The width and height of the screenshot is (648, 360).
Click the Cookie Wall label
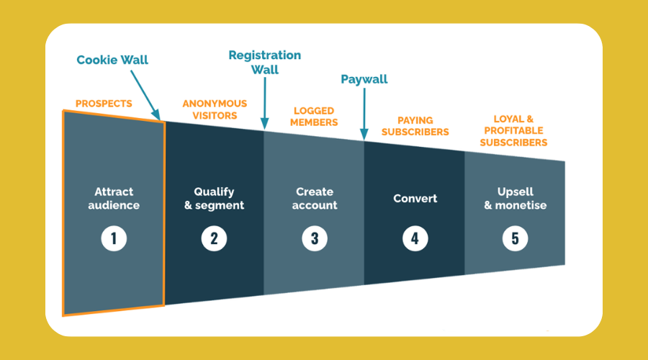click(112, 60)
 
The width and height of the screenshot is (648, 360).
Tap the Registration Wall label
click(265, 63)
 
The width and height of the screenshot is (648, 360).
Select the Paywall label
click(364, 79)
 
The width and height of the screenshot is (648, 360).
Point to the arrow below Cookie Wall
click(145, 95)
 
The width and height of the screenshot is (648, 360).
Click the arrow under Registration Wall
click(265, 104)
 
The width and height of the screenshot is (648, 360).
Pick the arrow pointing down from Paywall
click(364, 114)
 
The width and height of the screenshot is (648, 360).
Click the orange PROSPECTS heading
click(104, 104)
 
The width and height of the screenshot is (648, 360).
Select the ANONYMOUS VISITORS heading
click(215, 109)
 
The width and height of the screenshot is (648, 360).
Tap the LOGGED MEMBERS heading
click(314, 117)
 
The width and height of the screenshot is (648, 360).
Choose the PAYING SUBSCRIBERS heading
click(415, 126)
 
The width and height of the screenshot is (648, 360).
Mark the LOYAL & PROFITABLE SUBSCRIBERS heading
click(513, 130)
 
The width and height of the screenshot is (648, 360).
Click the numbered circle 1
click(114, 238)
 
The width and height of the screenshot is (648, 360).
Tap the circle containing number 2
click(214, 238)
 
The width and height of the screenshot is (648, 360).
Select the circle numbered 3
click(315, 238)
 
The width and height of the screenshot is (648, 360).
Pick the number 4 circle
click(415, 238)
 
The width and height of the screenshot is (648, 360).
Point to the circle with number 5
click(515, 238)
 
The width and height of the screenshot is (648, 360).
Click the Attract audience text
click(114, 199)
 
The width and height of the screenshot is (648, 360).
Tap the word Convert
click(415, 199)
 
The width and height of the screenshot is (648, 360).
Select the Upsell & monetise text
click(516, 199)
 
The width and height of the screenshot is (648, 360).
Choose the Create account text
click(315, 199)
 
